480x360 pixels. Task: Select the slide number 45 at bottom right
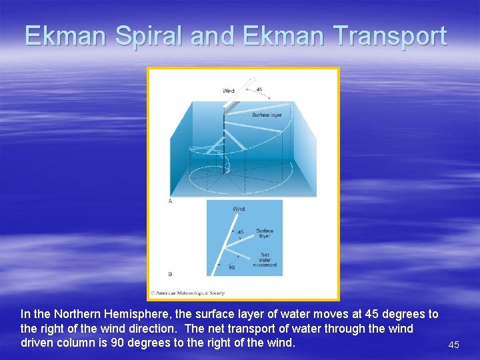pos(453,345)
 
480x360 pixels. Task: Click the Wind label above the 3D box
pos(229,91)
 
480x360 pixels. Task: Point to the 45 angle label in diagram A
pos(259,90)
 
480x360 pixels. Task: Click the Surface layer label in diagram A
pos(266,115)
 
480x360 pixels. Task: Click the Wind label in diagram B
pos(238,209)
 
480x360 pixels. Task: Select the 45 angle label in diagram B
pos(240,232)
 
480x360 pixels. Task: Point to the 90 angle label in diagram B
pos(231,267)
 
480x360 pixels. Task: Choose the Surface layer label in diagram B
pos(264,233)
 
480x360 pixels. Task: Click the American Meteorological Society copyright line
pos(187,293)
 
